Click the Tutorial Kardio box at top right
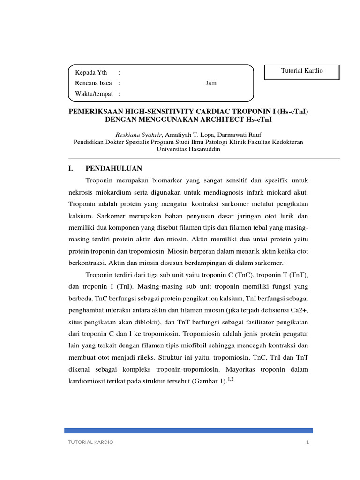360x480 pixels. pyautogui.click(x=302, y=71)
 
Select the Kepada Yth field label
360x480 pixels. pyautogui.click(x=91, y=72)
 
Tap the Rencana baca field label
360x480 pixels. pyautogui.click(x=94, y=83)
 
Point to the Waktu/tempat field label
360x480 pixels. pyautogui.click(x=94, y=94)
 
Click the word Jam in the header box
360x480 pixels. pyautogui.click(x=211, y=83)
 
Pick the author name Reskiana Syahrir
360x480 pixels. pyautogui.click(x=139, y=134)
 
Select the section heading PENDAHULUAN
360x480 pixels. pyautogui.click(x=113, y=168)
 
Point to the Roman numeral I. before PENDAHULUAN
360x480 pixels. pyautogui.click(x=72, y=168)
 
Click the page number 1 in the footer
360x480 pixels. pyautogui.click(x=307, y=442)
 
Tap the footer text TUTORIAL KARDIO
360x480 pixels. pyautogui.click(x=90, y=442)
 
